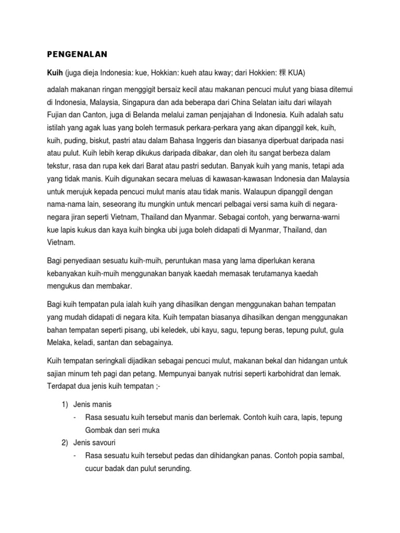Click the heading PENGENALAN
point(78,54)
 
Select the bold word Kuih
point(54,71)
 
